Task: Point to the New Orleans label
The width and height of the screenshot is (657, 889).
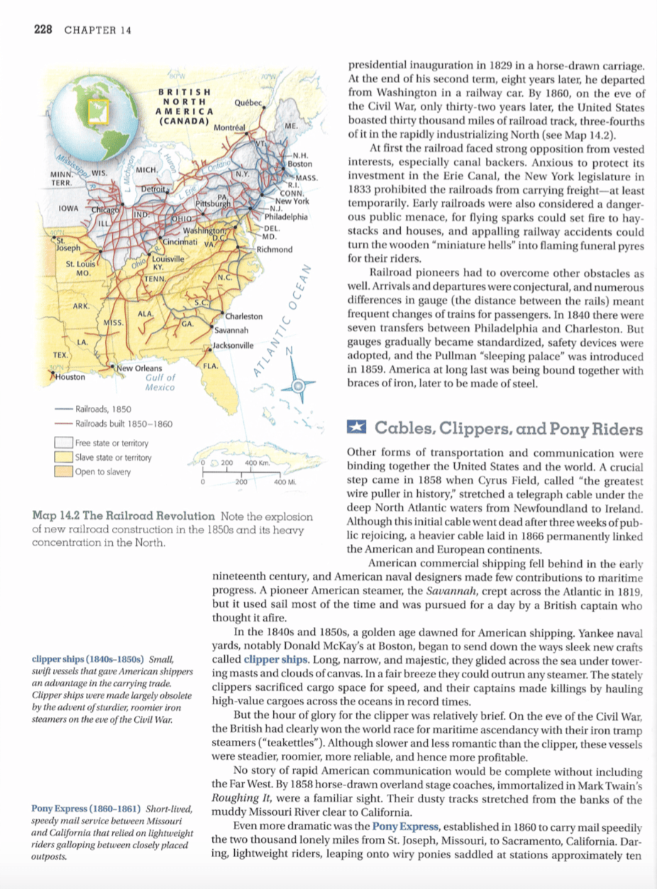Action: (x=140, y=369)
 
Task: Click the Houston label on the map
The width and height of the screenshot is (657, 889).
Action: (x=70, y=377)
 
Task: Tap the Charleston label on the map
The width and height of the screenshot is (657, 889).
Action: (x=243, y=316)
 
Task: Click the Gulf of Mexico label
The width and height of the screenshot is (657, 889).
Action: (x=159, y=383)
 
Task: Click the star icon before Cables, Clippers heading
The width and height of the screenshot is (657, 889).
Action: (x=355, y=430)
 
